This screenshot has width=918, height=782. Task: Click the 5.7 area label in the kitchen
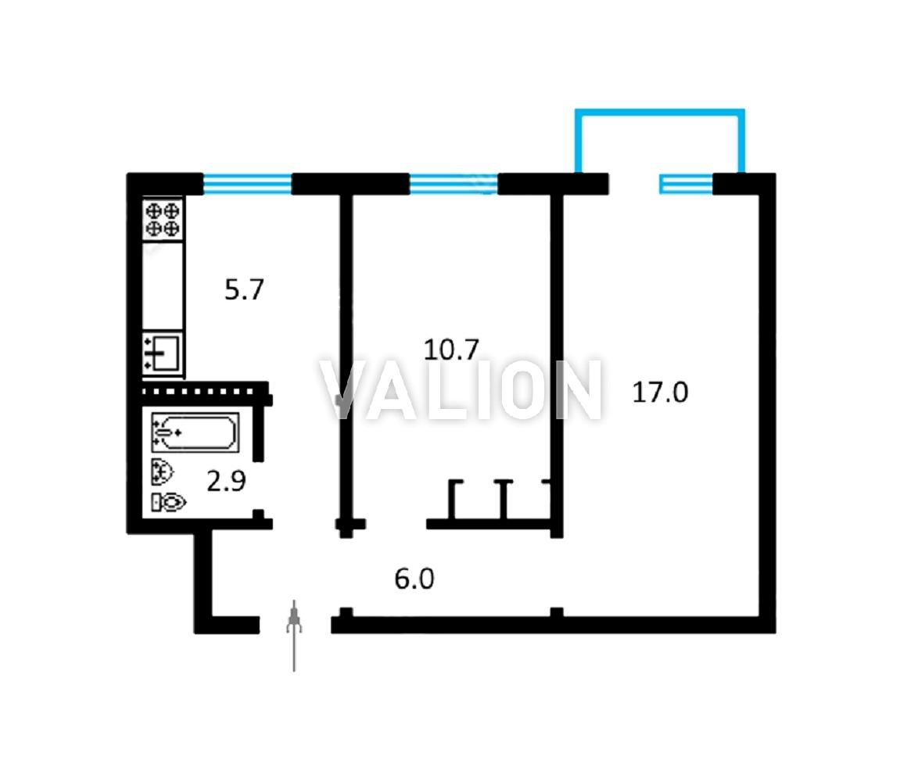tap(245, 289)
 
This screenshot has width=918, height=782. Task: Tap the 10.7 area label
tap(451, 350)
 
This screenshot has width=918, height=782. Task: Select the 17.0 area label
tap(660, 392)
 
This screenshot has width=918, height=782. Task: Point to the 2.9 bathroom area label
tap(226, 481)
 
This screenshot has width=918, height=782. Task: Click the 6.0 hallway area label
tap(414, 579)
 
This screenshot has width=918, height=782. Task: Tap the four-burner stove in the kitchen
tap(163, 219)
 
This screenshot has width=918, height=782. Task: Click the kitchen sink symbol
tap(163, 353)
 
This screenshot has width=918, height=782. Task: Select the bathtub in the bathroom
tap(195, 432)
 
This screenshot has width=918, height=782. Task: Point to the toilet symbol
tap(169, 502)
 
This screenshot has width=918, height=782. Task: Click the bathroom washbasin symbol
tap(163, 472)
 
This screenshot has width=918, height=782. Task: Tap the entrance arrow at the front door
tap(294, 636)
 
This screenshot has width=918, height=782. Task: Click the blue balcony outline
tap(661, 111)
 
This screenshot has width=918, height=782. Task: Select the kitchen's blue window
tap(247, 184)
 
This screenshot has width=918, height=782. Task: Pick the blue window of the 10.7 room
tap(454, 184)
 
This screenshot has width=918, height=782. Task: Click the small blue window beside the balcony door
tap(687, 184)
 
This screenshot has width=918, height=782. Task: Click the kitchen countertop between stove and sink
tap(163, 285)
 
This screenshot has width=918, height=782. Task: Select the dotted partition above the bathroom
tap(205, 391)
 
